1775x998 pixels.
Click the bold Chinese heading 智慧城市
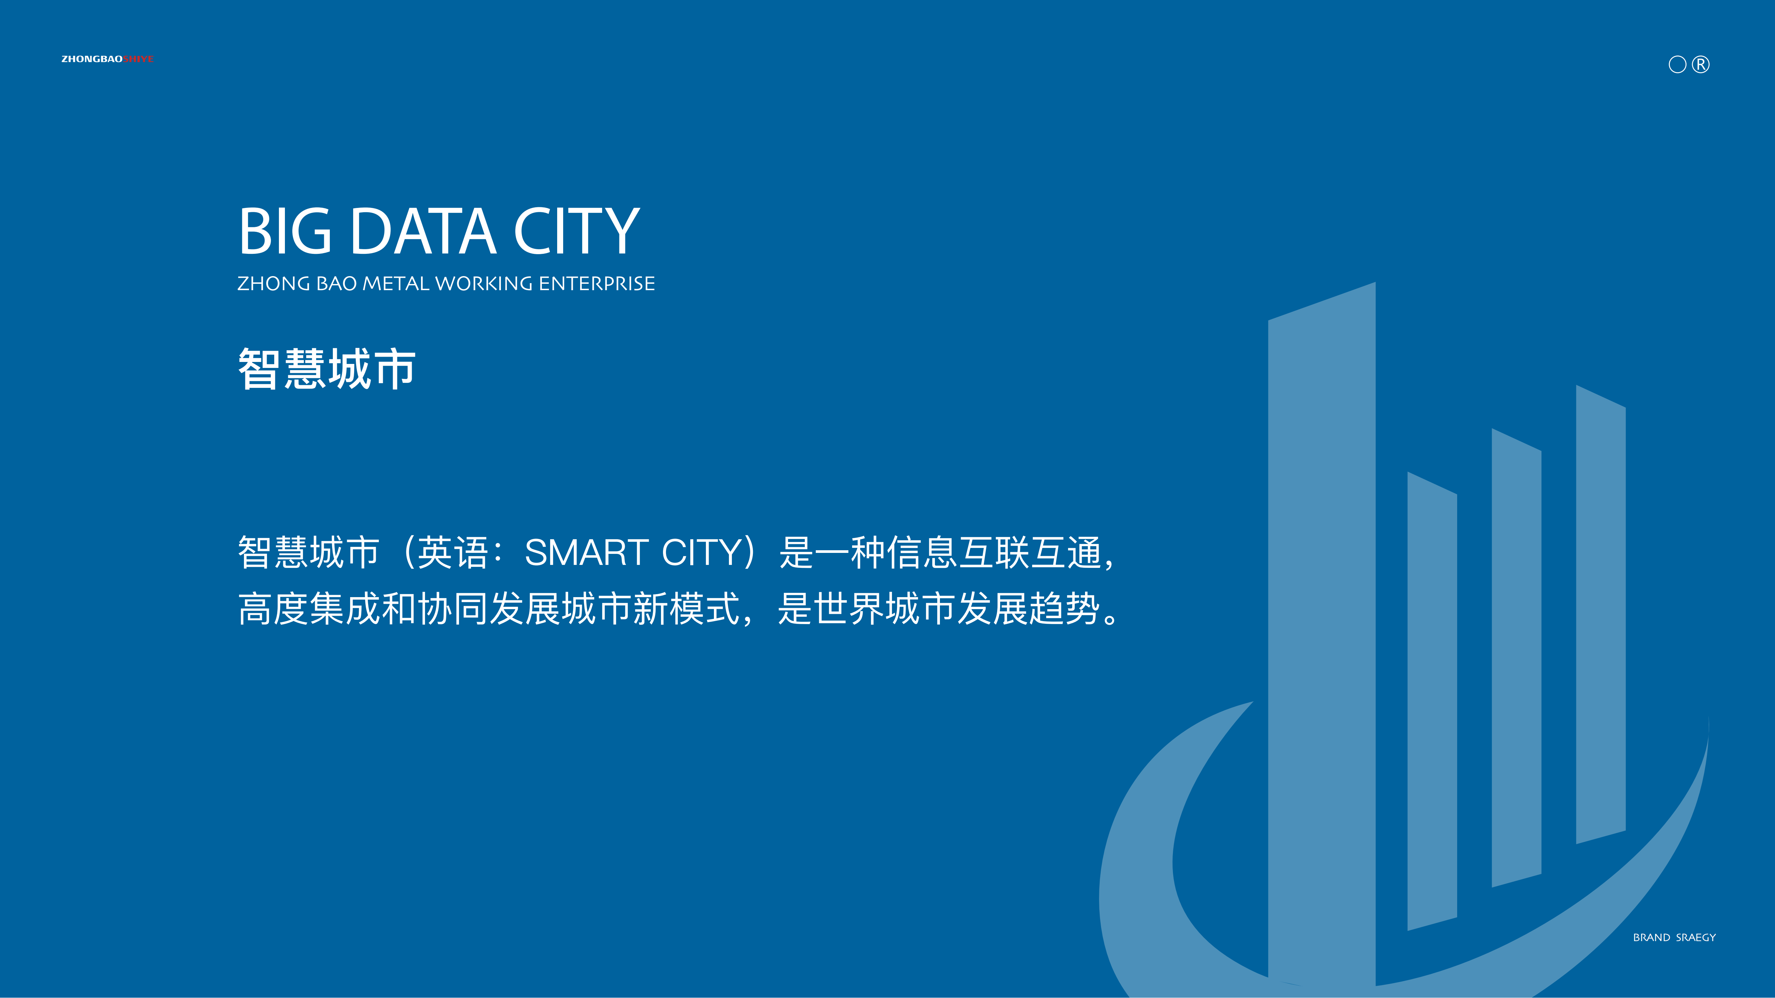pyautogui.click(x=327, y=369)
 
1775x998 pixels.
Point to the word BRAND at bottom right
pyautogui.click(x=1652, y=937)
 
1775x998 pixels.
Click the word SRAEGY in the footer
pyautogui.click(x=1696, y=937)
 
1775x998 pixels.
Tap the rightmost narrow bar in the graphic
pyautogui.click(x=1601, y=614)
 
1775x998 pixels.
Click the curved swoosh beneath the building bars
pyautogui.click(x=1137, y=861)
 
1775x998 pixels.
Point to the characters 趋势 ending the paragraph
pyautogui.click(x=1065, y=609)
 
